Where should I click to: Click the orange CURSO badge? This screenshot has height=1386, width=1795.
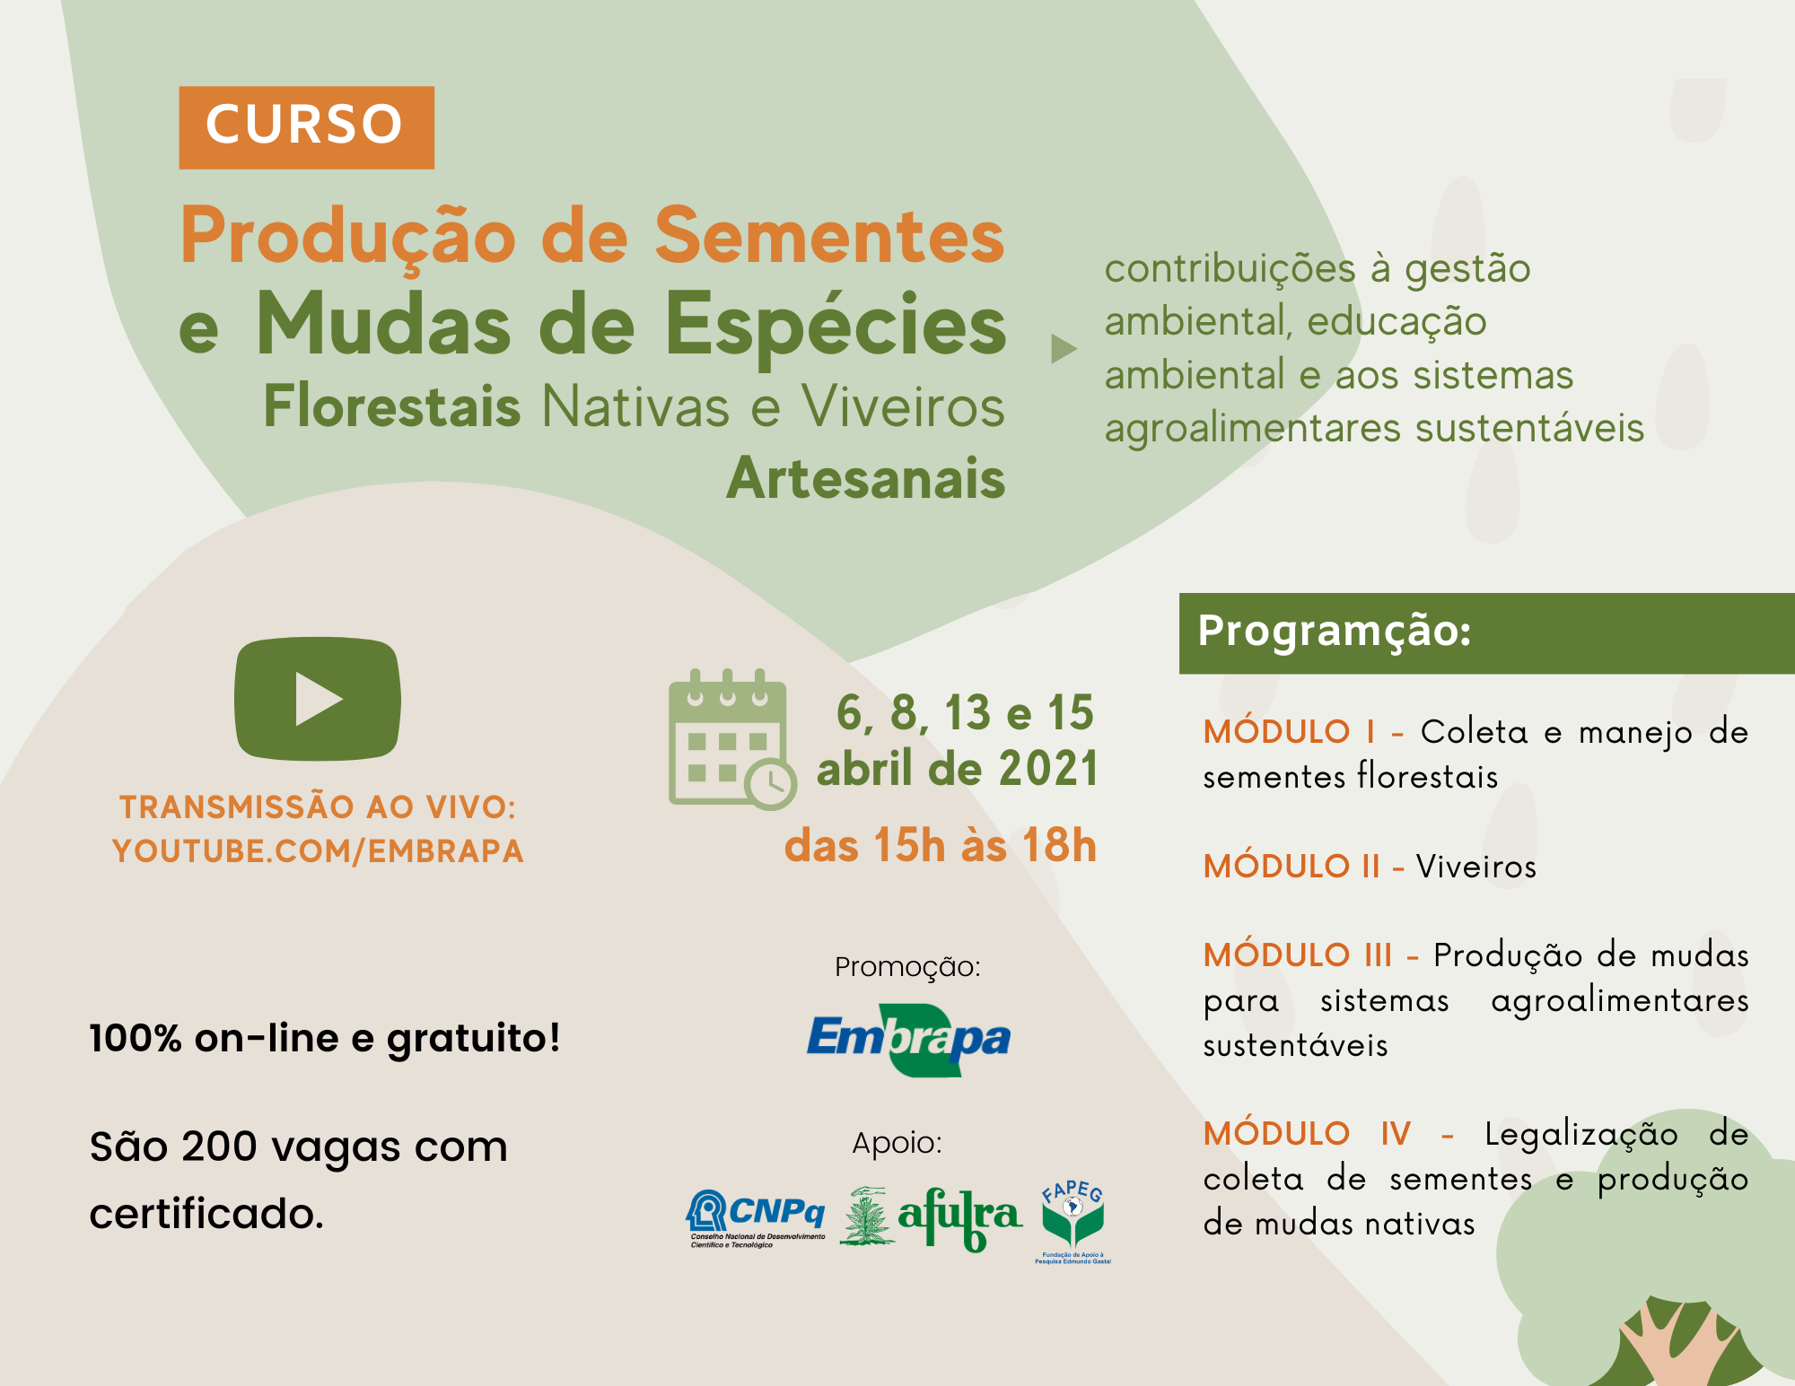coord(306,127)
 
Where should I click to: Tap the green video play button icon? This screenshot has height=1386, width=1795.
coord(318,699)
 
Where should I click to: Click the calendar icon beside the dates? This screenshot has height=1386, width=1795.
coord(732,739)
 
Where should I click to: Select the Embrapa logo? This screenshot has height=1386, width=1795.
coord(908,1040)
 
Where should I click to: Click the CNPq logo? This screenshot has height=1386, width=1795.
coord(756,1218)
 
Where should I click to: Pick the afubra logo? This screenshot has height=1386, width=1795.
coord(931,1218)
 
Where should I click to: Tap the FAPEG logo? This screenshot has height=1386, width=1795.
coord(1073,1222)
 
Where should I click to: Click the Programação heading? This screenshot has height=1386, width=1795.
coord(1335,631)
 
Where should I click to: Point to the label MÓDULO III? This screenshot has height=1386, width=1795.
coord(1298,955)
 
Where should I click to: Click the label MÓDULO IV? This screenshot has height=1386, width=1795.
coord(1307,1134)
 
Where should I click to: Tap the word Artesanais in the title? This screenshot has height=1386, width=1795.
coord(866,478)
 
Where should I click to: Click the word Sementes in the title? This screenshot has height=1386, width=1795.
coord(829,236)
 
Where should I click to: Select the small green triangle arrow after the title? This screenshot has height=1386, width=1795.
coord(1064,349)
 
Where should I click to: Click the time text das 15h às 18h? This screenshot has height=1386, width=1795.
coord(941,845)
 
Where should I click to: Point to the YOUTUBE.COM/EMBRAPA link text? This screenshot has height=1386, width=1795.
coord(318,851)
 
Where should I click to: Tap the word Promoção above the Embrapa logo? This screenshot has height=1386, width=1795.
coord(907,967)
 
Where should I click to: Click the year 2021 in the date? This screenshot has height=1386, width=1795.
coord(1048,770)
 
